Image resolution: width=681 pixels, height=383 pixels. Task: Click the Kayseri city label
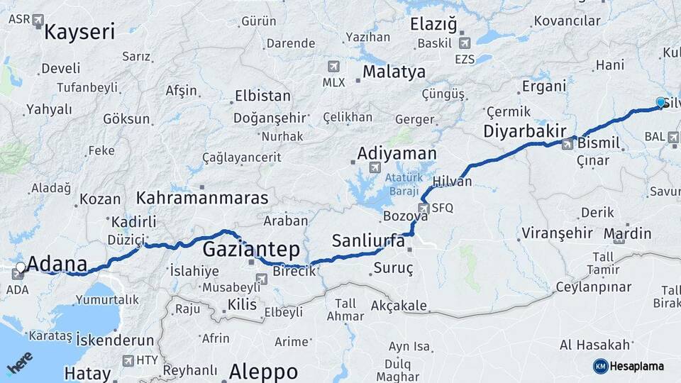coord(79,31)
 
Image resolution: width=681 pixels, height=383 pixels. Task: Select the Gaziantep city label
coord(251,250)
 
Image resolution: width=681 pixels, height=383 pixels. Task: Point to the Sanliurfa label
coord(368,241)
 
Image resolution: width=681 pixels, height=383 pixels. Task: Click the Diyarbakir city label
coord(524,131)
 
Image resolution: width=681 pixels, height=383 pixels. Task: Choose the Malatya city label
coord(394,72)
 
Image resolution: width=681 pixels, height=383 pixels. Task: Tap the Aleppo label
coord(263,372)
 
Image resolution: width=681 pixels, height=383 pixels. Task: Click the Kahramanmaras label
coord(203,198)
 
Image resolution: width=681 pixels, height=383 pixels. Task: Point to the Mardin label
coord(627,233)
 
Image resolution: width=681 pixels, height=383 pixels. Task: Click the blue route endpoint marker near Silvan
coord(661,103)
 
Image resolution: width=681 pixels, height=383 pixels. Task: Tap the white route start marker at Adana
coord(21,268)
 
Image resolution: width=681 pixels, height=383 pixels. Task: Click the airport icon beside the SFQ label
coord(423,208)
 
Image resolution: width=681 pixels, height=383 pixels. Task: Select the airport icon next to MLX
coord(333,66)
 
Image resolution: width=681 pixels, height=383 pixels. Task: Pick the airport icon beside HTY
coord(128,360)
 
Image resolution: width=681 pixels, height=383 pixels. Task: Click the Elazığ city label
coord(433,24)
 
